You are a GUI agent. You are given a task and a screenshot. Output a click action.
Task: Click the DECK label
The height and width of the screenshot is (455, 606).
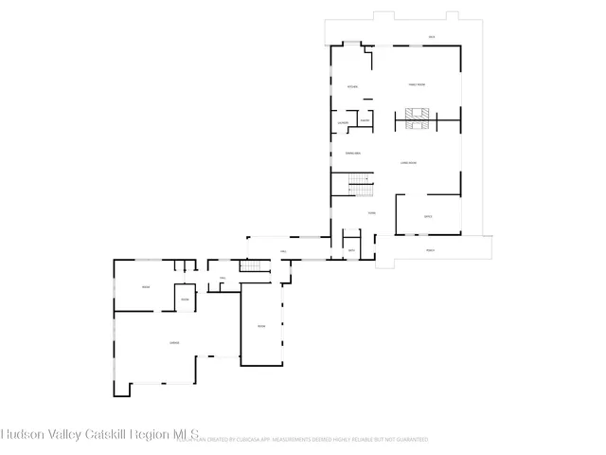click(x=431, y=37)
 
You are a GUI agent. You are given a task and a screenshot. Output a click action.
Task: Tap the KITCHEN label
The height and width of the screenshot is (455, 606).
click(x=352, y=87)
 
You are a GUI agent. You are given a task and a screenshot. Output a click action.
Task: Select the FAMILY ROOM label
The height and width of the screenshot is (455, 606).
click(x=417, y=85)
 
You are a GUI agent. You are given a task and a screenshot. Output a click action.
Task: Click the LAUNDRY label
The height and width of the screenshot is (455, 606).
click(x=343, y=123)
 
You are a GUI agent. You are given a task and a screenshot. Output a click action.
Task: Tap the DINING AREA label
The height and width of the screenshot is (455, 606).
click(x=352, y=153)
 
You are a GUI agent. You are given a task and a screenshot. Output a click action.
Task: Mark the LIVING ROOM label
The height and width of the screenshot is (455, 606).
click(x=408, y=163)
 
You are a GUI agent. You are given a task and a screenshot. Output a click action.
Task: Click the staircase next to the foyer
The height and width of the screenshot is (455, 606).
click(x=357, y=181)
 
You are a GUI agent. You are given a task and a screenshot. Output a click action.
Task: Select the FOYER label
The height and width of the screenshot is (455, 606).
click(x=372, y=212)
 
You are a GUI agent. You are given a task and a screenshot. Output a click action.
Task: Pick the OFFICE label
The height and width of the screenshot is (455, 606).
click(x=428, y=217)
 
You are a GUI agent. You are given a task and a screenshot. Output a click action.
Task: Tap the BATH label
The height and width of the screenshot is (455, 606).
click(x=351, y=250)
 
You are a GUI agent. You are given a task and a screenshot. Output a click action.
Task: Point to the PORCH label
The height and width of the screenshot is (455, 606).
click(x=430, y=250)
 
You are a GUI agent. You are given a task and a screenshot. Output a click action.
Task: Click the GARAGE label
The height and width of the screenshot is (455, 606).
click(x=174, y=342)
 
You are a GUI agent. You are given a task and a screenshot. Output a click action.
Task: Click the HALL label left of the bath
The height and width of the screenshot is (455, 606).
click(x=283, y=251)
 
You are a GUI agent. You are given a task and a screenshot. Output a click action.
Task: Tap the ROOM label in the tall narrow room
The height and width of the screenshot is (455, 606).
click(x=261, y=326)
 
